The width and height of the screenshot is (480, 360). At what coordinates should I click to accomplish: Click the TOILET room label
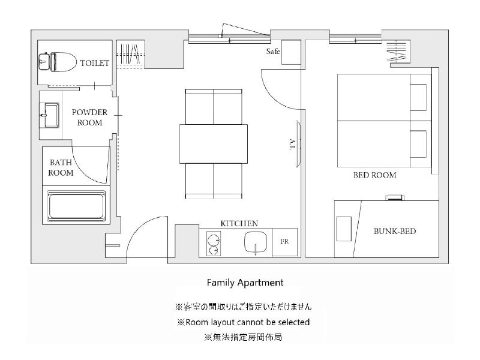95,63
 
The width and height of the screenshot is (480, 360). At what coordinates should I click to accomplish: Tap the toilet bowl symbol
58,62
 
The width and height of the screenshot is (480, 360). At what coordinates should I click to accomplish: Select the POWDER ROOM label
89,118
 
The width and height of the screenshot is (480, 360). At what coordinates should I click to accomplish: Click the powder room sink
50,115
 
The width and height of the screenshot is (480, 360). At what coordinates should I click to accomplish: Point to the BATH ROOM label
61,167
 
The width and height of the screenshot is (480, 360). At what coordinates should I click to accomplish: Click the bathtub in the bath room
76,206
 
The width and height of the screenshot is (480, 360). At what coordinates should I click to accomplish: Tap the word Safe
273,51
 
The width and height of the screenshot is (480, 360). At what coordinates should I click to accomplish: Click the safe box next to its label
291,52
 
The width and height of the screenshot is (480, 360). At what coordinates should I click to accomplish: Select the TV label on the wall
292,144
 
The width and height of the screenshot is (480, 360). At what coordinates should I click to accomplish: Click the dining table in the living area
214,144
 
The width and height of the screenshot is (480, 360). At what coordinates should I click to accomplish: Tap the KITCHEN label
239,223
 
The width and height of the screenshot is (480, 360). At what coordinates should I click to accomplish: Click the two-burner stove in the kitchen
214,244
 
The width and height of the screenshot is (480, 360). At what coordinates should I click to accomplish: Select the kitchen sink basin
256,242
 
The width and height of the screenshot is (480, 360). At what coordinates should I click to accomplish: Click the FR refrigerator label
284,242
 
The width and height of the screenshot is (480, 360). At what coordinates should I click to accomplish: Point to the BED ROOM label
374,175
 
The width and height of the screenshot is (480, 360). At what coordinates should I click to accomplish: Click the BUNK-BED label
395,231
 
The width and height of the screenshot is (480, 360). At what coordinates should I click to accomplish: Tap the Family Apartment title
245,283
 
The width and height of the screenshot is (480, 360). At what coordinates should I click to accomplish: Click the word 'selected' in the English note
294,322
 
